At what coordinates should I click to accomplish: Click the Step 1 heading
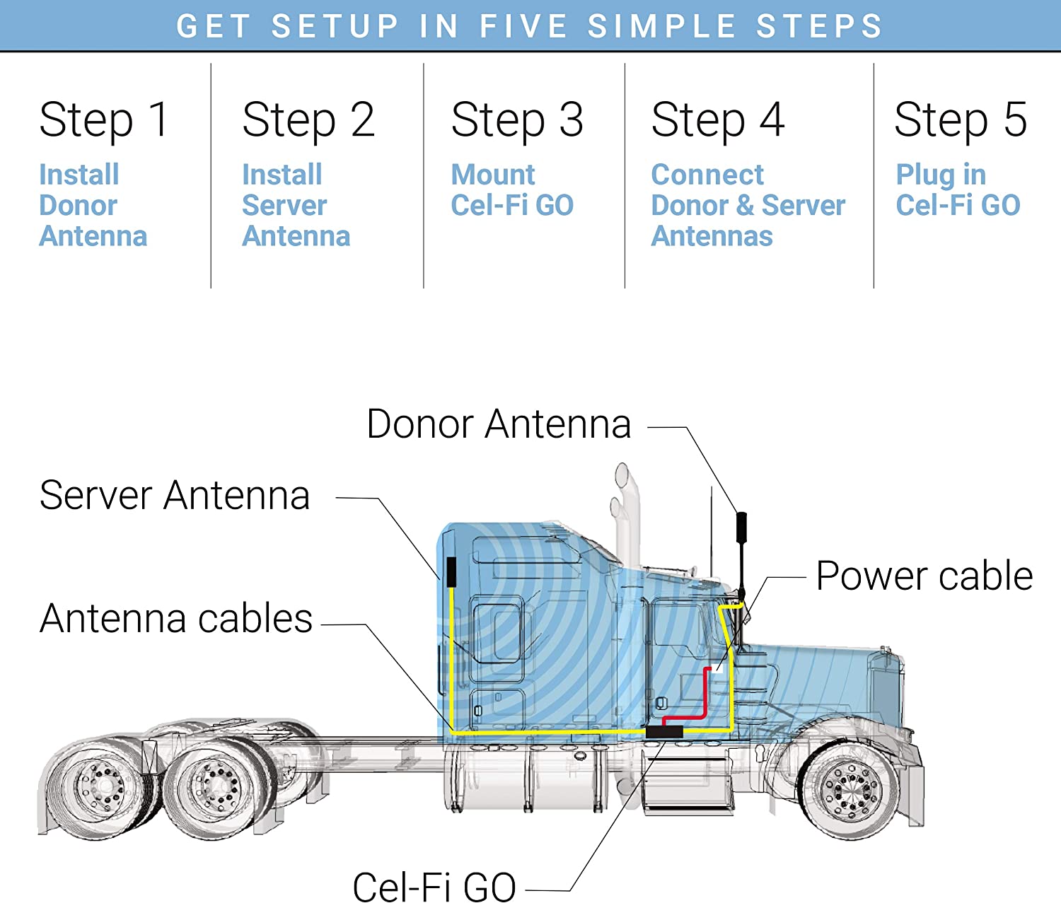pyautogui.click(x=104, y=120)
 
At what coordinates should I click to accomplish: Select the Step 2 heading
pyautogui.click(x=308, y=120)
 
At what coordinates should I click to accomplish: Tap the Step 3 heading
pyautogui.click(x=517, y=120)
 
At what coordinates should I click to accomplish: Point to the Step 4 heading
pyautogui.click(x=717, y=120)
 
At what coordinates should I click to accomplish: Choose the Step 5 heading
pyautogui.click(x=960, y=120)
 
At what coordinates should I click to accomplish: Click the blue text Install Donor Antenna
pyautogui.click(x=93, y=205)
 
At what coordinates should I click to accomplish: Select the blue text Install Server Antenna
pyautogui.click(x=296, y=205)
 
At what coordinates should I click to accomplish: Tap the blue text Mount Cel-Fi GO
pyautogui.click(x=512, y=190)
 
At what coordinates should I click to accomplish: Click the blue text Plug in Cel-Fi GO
pyautogui.click(x=958, y=190)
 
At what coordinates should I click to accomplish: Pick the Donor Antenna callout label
pyautogui.click(x=499, y=424)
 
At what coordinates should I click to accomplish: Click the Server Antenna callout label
pyautogui.click(x=175, y=495)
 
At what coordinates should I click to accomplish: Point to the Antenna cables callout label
pyautogui.click(x=176, y=619)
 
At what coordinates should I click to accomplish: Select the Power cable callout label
pyautogui.click(x=924, y=576)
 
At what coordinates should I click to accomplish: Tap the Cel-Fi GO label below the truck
pyautogui.click(x=434, y=886)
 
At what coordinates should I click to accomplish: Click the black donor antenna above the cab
pyautogui.click(x=741, y=528)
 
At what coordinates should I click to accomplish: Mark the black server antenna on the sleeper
pyautogui.click(x=451, y=571)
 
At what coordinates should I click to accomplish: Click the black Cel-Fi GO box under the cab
pyautogui.click(x=664, y=732)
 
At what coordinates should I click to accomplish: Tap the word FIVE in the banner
pyautogui.click(x=523, y=26)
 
